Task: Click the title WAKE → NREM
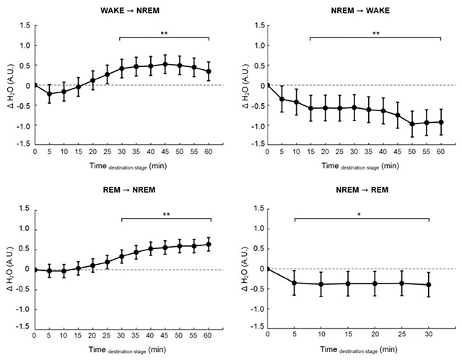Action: point(121,10)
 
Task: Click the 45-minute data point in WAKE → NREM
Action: point(165,64)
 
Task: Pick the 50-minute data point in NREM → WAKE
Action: point(411,124)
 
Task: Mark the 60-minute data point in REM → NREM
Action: point(209,245)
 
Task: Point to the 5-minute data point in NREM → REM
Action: point(295,282)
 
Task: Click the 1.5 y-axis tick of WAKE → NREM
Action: point(25,26)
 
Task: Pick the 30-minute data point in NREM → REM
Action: point(430,284)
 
